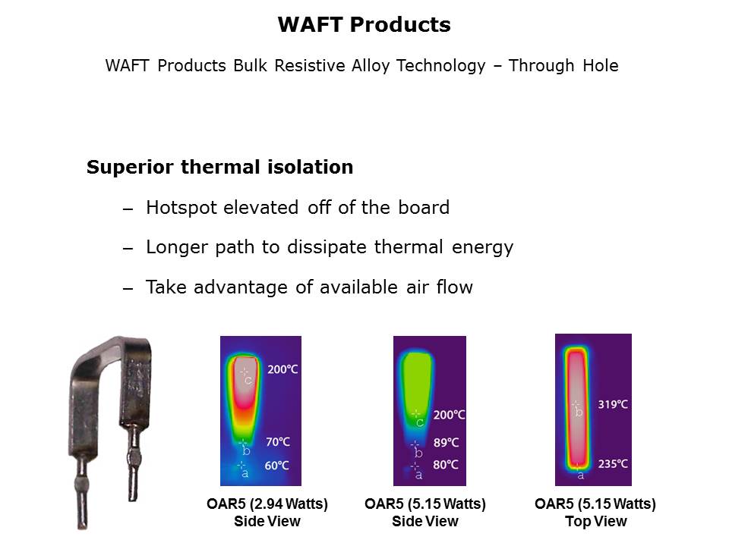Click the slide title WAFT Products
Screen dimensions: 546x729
pos(364,25)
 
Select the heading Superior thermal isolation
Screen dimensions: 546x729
pos(219,168)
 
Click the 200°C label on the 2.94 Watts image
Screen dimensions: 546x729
pos(282,369)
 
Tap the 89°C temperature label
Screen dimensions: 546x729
pos(446,442)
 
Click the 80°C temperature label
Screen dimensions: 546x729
pos(446,465)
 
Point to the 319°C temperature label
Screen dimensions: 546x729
pos(613,404)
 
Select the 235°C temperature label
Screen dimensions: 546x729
pos(613,463)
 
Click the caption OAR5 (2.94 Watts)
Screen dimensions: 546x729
pos(267,504)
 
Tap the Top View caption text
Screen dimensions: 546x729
pos(595,522)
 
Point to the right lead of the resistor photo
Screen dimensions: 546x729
pos(133,455)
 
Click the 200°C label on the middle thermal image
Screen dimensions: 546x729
pos(450,416)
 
